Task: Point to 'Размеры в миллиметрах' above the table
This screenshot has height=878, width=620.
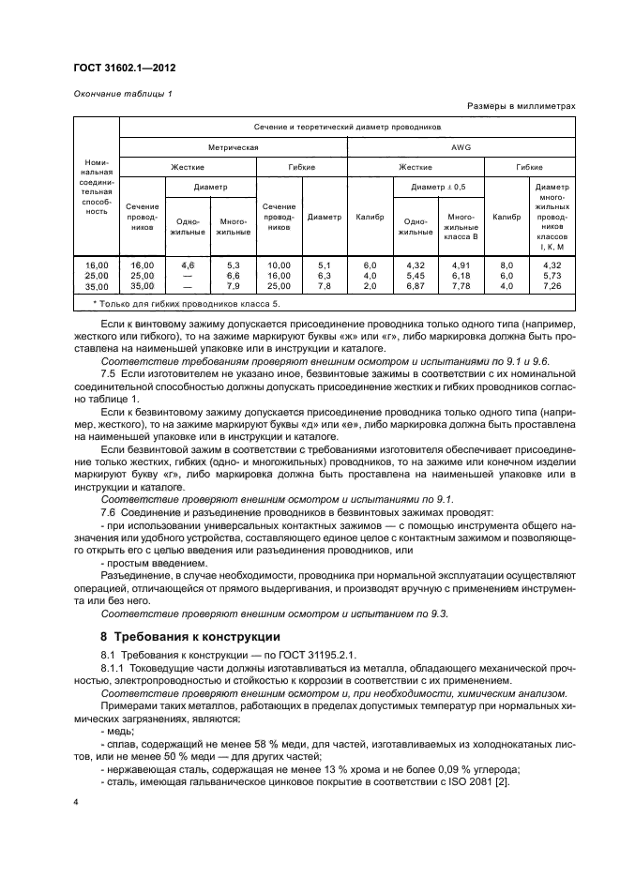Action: pyautogui.click(x=521, y=107)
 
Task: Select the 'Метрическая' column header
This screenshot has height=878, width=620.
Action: pyautogui.click(x=233, y=147)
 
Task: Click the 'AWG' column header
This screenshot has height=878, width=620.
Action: pyautogui.click(x=461, y=147)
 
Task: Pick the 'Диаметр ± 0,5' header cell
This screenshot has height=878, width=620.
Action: pyautogui.click(x=439, y=187)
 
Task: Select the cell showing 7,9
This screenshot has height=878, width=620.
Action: pyautogui.click(x=233, y=286)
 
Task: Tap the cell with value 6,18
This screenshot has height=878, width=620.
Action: pyautogui.click(x=461, y=276)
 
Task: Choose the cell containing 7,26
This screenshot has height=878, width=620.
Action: pyautogui.click(x=552, y=286)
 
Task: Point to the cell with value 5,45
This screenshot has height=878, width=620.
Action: pyautogui.click(x=416, y=276)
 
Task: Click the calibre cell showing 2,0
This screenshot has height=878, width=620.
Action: pyautogui.click(x=370, y=286)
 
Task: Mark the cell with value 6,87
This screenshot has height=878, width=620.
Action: pyautogui.click(x=416, y=286)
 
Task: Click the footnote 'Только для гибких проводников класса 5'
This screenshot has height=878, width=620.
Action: pyautogui.click(x=188, y=304)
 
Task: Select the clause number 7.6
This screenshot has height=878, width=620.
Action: pyautogui.click(x=108, y=512)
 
